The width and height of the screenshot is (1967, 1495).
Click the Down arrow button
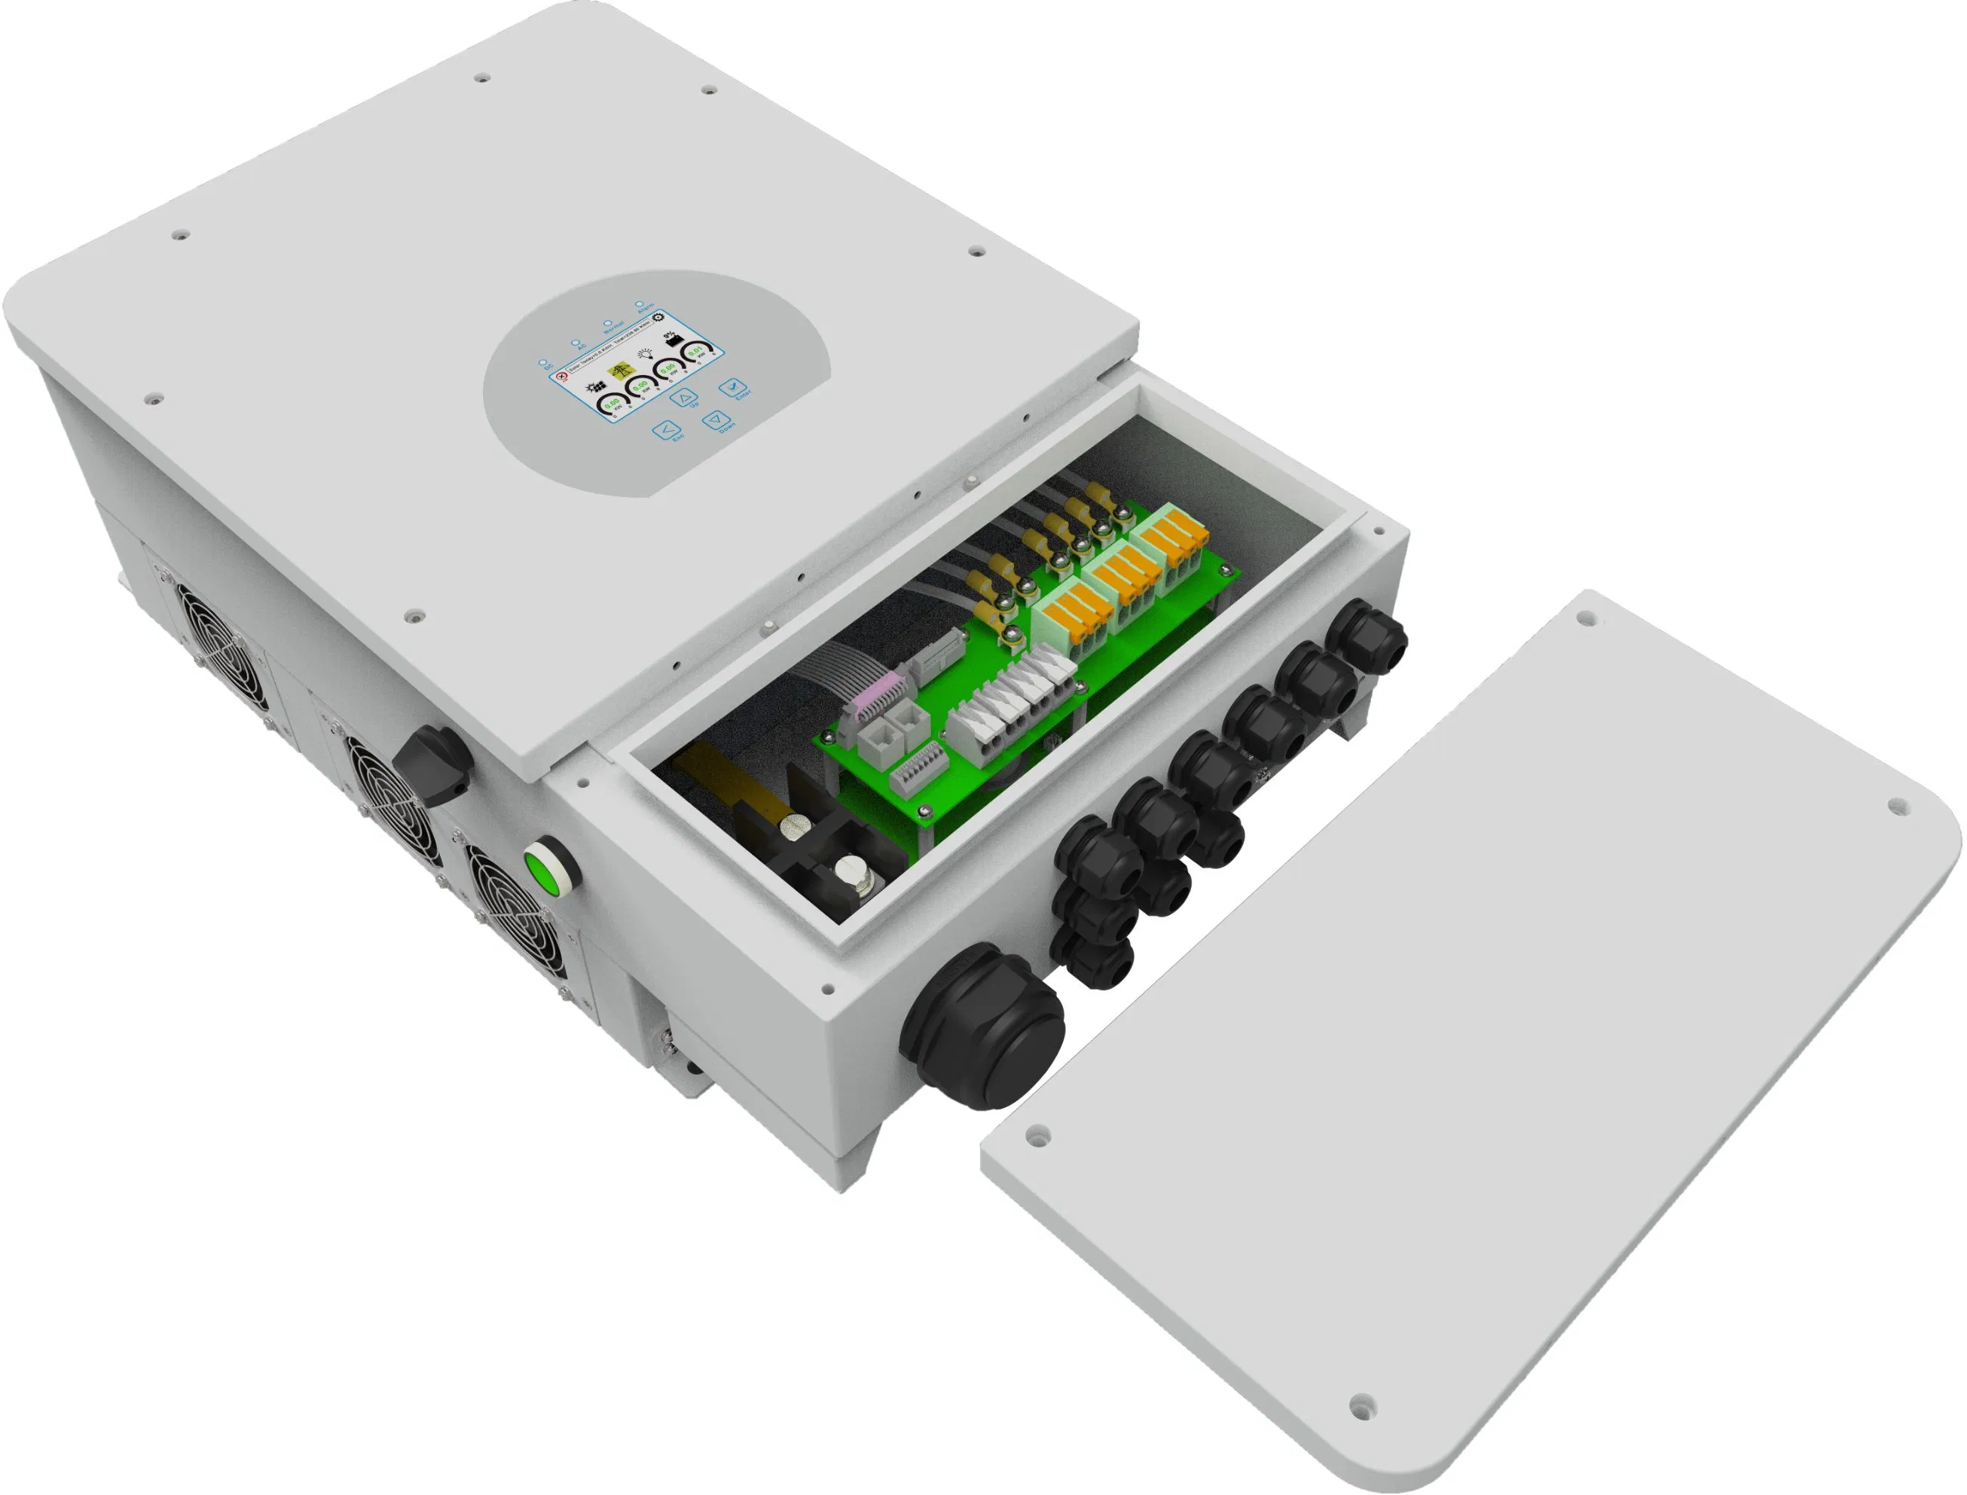[716, 420]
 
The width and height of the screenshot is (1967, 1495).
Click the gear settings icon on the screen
[658, 318]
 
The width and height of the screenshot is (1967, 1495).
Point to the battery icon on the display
[675, 342]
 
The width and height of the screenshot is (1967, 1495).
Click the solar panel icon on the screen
[597, 387]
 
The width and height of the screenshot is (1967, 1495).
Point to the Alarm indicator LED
[639, 304]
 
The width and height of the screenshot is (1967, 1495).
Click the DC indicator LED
[542, 362]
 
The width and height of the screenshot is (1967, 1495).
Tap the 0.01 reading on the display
[696, 352]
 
